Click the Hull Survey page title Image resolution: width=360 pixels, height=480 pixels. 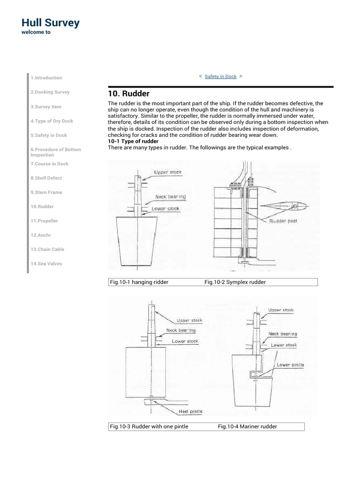51,22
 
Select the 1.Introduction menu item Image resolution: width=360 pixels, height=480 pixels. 46,78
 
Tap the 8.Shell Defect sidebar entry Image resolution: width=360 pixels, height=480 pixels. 46,178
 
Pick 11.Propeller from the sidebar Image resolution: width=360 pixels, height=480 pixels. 45,221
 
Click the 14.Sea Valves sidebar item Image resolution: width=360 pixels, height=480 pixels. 46,263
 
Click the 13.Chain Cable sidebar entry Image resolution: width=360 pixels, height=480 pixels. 47,249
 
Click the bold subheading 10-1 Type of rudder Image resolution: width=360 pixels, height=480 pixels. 133,141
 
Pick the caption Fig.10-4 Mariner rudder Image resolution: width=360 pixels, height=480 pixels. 247,427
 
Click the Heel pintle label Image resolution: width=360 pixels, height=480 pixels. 190,412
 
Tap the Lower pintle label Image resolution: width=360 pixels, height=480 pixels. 290,364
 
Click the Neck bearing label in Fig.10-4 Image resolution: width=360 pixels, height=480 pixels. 282,334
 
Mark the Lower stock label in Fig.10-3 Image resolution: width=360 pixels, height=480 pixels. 185,341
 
